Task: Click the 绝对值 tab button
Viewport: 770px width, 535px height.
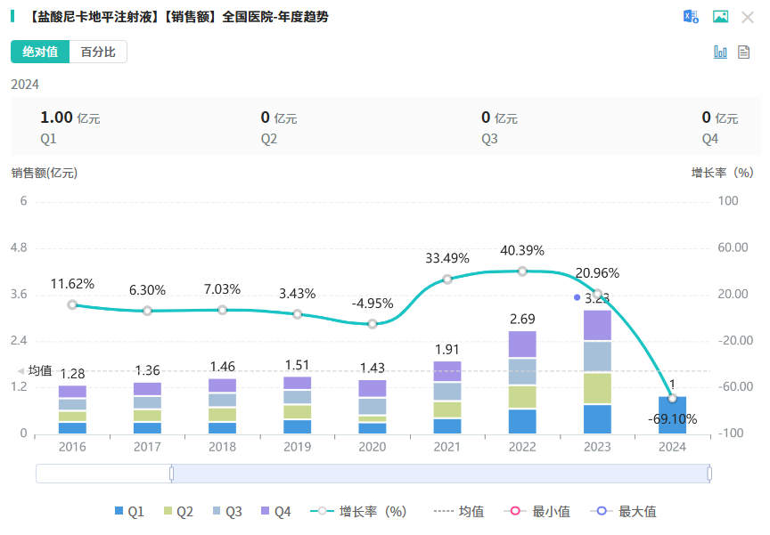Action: (x=40, y=52)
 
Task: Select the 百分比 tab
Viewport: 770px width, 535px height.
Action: (x=98, y=52)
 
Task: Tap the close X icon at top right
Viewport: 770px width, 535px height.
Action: (x=747, y=17)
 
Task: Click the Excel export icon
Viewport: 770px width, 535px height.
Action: (x=691, y=17)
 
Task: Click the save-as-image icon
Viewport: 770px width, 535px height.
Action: (x=720, y=17)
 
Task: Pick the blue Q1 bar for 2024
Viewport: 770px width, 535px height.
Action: (x=672, y=416)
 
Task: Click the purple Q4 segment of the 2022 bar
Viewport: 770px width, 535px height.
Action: (x=522, y=344)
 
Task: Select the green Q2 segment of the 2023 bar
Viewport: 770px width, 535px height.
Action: (x=597, y=388)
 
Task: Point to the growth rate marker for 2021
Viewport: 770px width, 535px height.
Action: (x=447, y=280)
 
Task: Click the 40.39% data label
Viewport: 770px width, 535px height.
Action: (x=522, y=250)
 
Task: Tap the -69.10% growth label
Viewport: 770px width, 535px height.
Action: (x=674, y=418)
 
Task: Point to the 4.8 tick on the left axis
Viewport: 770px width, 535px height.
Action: (x=18, y=247)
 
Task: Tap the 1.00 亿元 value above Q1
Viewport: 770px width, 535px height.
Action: (x=70, y=118)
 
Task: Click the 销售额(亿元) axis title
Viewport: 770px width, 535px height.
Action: (x=45, y=173)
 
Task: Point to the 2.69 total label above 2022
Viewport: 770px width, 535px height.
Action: (x=522, y=319)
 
